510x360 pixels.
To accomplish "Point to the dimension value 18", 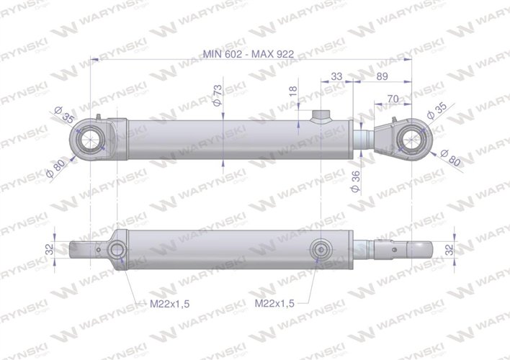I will click(x=292, y=93).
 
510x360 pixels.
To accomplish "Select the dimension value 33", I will click(x=336, y=76).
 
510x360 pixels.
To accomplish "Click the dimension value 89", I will click(x=382, y=76).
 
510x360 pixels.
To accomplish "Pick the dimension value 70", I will click(x=393, y=98).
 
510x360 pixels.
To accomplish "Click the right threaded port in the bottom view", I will click(x=319, y=251).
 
